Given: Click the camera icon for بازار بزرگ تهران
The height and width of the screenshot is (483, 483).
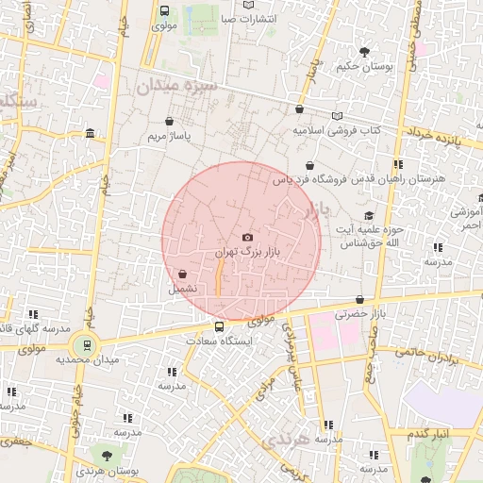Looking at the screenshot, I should [x=247, y=238].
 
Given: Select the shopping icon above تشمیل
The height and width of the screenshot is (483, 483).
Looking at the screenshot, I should [x=181, y=275].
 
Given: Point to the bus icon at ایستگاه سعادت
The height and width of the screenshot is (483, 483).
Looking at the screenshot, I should [x=220, y=326].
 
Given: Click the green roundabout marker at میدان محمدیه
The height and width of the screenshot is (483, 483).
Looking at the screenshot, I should [x=88, y=346].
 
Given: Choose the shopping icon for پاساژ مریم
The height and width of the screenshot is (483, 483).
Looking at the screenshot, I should [x=169, y=122].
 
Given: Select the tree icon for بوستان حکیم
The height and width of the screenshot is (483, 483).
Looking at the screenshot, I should [x=360, y=50].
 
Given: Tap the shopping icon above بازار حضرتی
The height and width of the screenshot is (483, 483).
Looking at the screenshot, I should [x=360, y=299].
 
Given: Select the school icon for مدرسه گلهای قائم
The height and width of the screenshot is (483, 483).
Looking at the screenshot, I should [x=34, y=314].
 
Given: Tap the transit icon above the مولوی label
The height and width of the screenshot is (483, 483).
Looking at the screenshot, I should [x=165, y=11].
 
